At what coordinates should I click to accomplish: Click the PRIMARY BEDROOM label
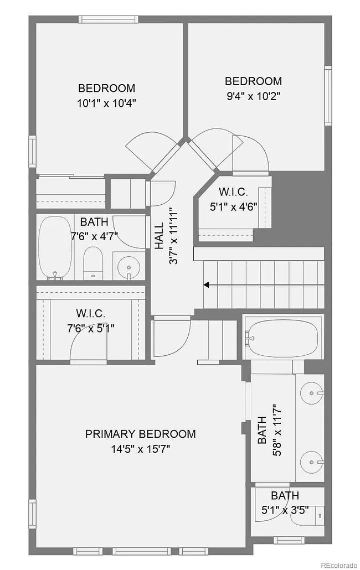point(140,434)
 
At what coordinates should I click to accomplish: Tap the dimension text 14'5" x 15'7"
point(140,448)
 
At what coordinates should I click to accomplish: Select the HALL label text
point(159,235)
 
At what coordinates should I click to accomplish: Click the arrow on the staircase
point(207,285)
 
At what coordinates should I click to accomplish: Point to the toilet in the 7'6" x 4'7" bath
point(92,263)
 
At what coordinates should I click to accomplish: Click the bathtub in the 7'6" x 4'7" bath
point(54,247)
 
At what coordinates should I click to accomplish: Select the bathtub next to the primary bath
point(282,337)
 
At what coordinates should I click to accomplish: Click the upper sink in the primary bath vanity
point(311,393)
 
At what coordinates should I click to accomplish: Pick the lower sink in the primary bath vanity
point(311,460)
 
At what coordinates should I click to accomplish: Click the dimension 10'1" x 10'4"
point(106,102)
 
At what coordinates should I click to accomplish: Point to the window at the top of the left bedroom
point(107,19)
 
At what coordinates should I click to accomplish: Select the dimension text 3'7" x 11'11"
point(173,235)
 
